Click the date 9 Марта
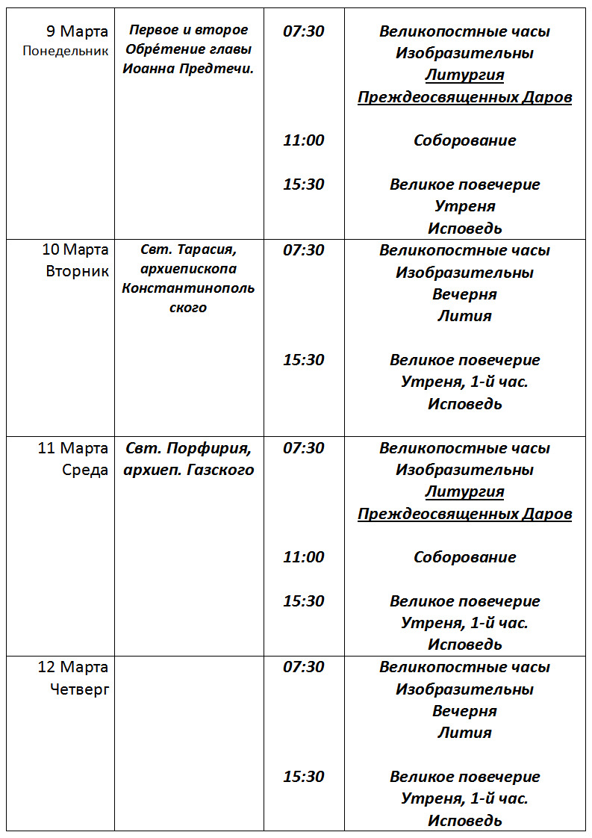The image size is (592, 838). tap(77, 31)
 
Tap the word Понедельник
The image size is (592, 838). tap(66, 52)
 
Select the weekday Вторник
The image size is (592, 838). tap(77, 270)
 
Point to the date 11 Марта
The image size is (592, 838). tap(73, 448)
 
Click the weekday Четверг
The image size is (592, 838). tap(79, 689)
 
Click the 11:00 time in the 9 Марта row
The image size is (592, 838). tap(304, 140)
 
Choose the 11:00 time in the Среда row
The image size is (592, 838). tap(304, 557)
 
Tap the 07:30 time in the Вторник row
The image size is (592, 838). tap(304, 250)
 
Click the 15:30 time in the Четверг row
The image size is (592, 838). tap(304, 777)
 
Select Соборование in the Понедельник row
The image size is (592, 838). tap(464, 140)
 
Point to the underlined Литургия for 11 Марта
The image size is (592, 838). tap(464, 491)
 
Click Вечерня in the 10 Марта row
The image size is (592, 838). tap(464, 294)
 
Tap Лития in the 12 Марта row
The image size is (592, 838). tap(464, 733)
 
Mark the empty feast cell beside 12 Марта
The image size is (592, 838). tap(189, 743)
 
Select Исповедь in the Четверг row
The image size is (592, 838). tap(464, 821)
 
